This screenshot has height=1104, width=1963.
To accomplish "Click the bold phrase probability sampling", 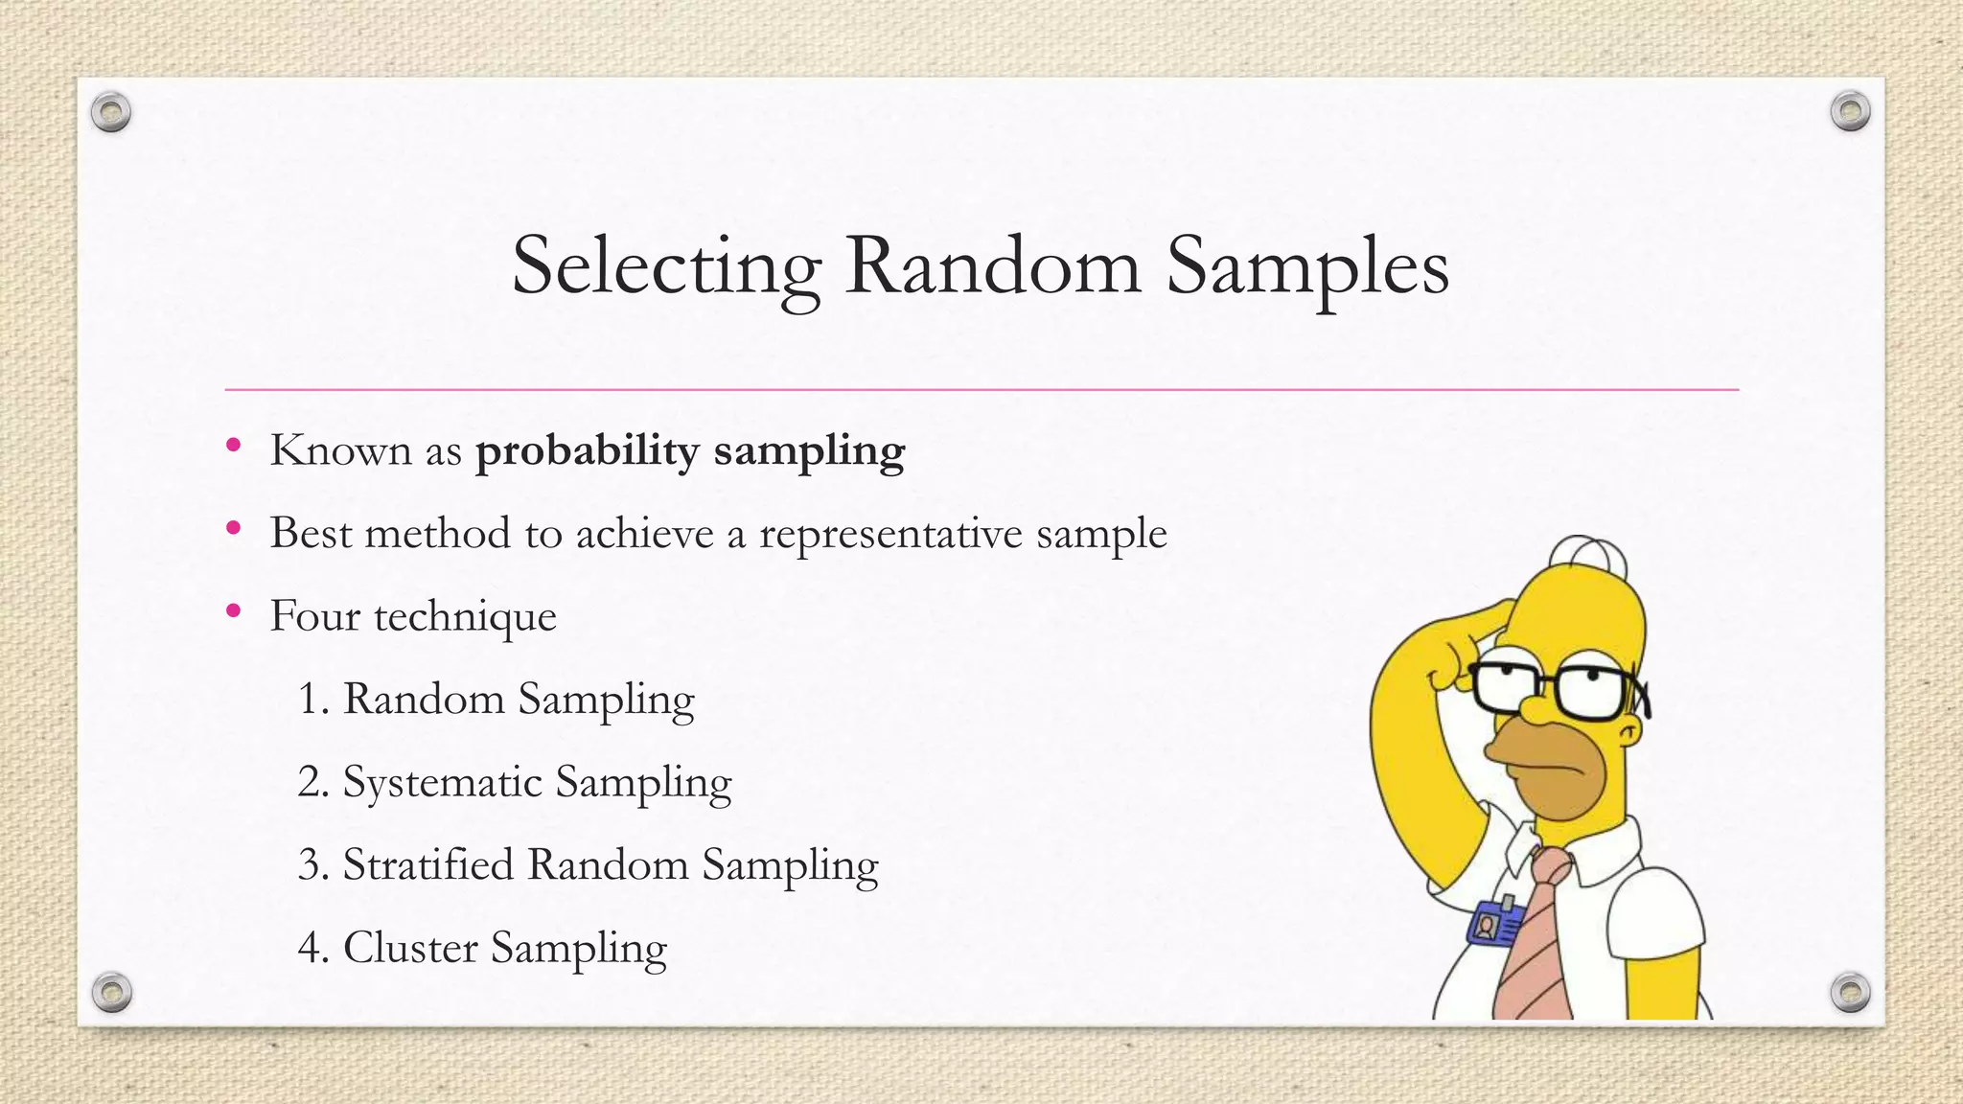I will pos(690,450).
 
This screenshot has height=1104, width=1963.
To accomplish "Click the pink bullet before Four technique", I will pos(233,610).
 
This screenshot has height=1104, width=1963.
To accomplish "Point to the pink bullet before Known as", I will pos(233,445).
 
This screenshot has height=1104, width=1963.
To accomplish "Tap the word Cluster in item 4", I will pos(410,948).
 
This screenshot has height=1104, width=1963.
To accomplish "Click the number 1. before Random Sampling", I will pos(313,699).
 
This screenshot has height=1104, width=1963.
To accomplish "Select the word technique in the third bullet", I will pos(465,616).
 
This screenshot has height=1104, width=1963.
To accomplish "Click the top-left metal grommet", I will pos(111,112).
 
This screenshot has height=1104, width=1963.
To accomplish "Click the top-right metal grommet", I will pos(1850,112).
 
